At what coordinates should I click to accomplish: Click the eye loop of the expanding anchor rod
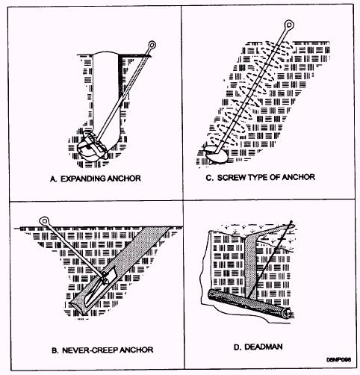click(152, 45)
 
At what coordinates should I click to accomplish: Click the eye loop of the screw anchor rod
click(289, 25)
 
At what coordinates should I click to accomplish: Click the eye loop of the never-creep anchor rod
click(44, 221)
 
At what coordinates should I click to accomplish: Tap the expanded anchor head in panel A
click(92, 148)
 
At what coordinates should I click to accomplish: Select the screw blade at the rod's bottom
click(216, 154)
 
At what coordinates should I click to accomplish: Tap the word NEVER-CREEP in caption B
click(90, 350)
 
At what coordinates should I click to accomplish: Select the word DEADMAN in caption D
click(264, 347)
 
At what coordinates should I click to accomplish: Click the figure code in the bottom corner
click(339, 360)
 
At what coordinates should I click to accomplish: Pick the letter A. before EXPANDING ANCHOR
click(54, 179)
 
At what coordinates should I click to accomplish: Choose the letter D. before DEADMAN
click(238, 347)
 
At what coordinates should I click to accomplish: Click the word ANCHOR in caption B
click(136, 350)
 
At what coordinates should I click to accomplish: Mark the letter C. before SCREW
click(210, 178)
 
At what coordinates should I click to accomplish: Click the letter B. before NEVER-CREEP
click(55, 350)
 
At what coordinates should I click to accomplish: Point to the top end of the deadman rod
click(291, 222)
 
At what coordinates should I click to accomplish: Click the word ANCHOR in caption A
click(125, 179)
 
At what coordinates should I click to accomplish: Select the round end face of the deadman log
click(287, 313)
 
